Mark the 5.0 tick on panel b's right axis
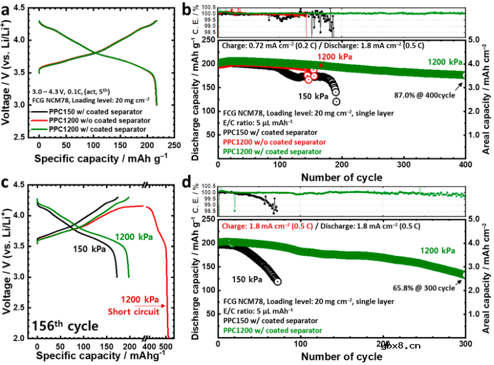tap(474, 39)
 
